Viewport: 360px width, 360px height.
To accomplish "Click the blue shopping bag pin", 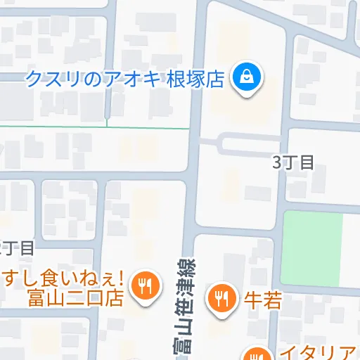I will pos(247,75).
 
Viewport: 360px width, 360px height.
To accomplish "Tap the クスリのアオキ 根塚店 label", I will pos(125,79).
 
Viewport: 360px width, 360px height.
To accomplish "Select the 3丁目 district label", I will pos(292,162).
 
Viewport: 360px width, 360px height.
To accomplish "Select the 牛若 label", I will pos(262,300).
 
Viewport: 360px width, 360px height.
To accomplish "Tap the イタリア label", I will pos(319,352).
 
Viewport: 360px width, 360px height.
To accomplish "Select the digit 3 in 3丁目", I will pos(276,162).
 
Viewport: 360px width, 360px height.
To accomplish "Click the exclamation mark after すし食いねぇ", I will pos(121,278).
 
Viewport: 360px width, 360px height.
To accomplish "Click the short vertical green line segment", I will pos(107,122).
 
